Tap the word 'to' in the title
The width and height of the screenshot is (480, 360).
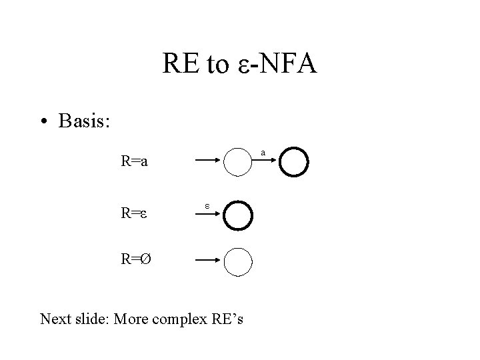pyautogui.click(x=219, y=66)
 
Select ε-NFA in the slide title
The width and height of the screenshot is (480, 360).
pyautogui.click(x=278, y=65)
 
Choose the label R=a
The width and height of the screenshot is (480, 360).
pyautogui.click(x=135, y=161)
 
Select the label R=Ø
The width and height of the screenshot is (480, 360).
pyautogui.click(x=135, y=261)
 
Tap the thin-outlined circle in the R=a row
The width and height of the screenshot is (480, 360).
pyautogui.click(x=239, y=161)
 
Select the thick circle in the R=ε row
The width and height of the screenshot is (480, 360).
pyautogui.click(x=239, y=214)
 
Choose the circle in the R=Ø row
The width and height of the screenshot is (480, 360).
pyautogui.click(x=239, y=261)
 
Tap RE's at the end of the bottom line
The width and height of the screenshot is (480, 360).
pyautogui.click(x=227, y=319)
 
